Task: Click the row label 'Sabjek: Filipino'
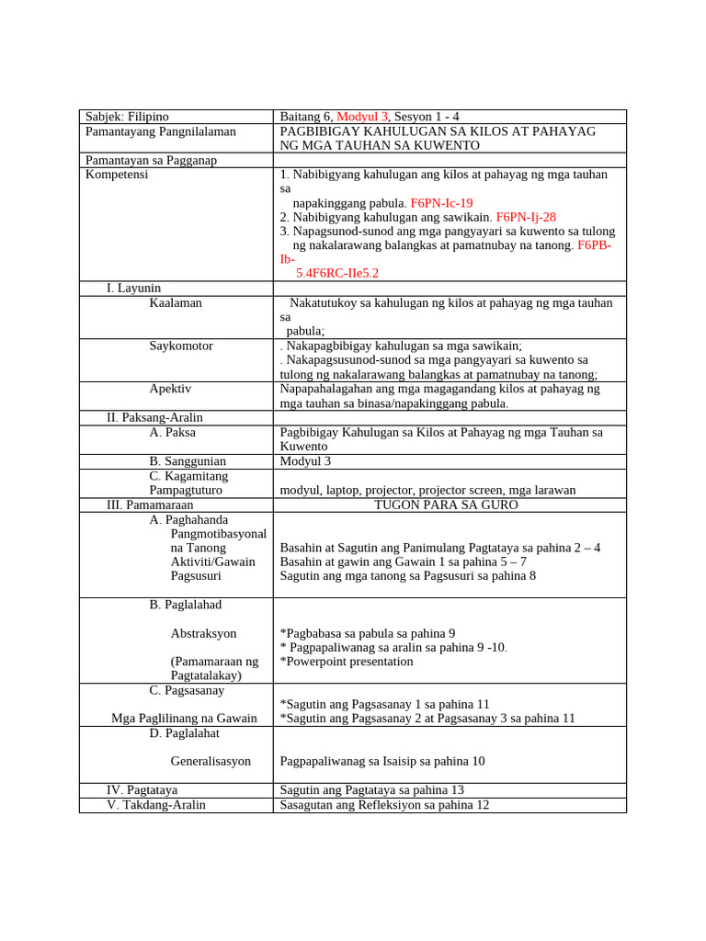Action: click(127, 117)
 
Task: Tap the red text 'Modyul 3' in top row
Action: click(363, 117)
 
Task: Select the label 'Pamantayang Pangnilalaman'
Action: click(160, 131)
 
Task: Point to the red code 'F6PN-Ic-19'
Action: click(441, 202)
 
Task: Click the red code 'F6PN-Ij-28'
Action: click(526, 217)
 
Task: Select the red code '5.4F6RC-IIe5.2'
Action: click(337, 273)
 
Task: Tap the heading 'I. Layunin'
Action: click(133, 288)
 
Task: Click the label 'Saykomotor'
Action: click(181, 346)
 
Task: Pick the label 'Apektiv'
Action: click(170, 389)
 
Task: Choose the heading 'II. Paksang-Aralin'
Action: click(155, 417)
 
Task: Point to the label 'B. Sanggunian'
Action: click(188, 460)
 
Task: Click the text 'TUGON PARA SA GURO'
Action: click(446, 505)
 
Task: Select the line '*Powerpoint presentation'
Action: click(347, 661)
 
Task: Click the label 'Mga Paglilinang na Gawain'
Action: click(184, 718)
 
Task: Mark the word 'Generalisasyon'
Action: click(211, 761)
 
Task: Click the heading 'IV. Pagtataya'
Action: click(142, 789)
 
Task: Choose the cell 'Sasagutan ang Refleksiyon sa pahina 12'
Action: click(384, 804)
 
